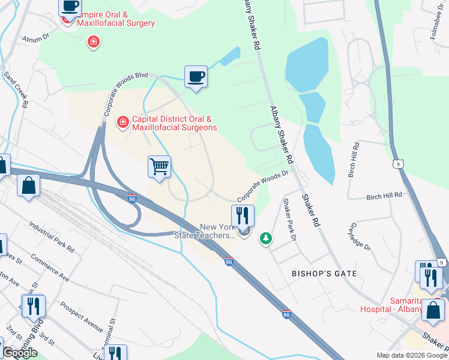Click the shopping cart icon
pyautogui.click(x=159, y=166)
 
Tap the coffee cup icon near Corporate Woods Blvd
pyautogui.click(x=196, y=77)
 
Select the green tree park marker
pyautogui.click(x=265, y=239)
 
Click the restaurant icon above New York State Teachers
pyautogui.click(x=243, y=215)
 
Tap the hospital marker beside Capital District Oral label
pyautogui.click(x=122, y=122)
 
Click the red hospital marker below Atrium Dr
pyautogui.click(x=93, y=42)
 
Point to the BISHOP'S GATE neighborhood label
pyautogui.click(x=324, y=274)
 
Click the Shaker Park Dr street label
pyautogui.click(x=290, y=220)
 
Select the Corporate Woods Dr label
pyautogui.click(x=263, y=185)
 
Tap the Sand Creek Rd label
pyautogui.click(x=16, y=90)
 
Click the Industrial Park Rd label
pyautogui.click(x=52, y=236)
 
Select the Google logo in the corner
pyautogui.click(x=20, y=353)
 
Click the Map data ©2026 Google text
pyautogui.click(x=412, y=355)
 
